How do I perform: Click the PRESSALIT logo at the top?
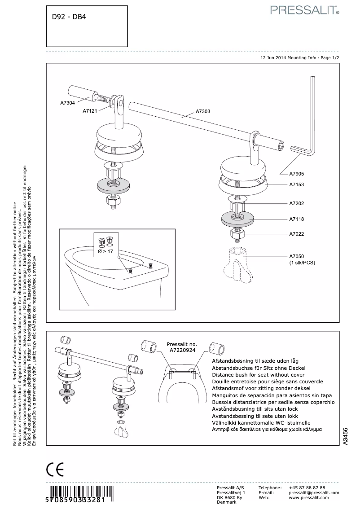point(304,10)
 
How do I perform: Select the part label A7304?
point(67,103)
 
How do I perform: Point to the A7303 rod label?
point(203,111)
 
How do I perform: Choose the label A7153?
point(297,184)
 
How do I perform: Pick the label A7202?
point(297,203)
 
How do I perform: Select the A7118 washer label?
point(297,219)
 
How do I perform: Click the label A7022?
point(297,234)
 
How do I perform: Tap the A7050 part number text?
point(297,256)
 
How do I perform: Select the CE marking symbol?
point(55,470)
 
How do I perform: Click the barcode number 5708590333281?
point(75,500)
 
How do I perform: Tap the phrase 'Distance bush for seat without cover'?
point(258,374)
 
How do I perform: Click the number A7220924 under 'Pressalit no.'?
point(182,350)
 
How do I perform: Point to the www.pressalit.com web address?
point(309,497)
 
